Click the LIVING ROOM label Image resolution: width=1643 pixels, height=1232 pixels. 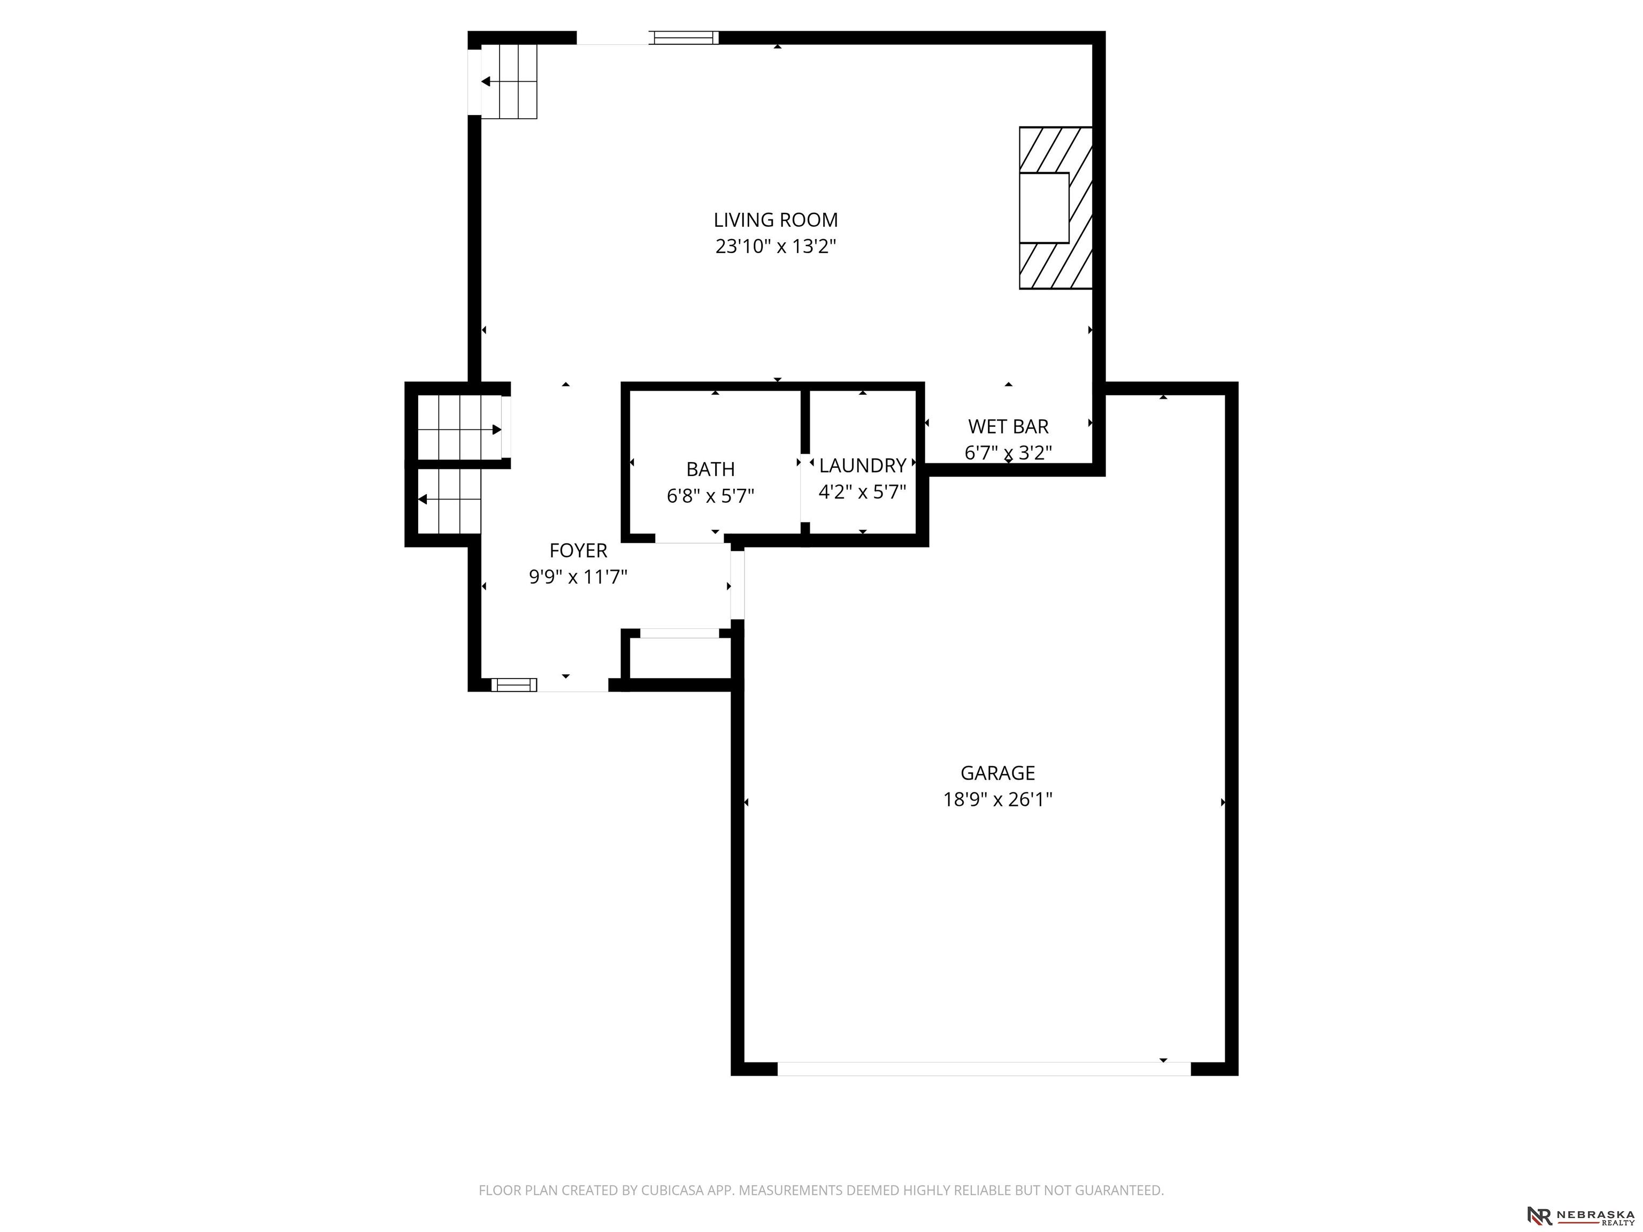(776, 220)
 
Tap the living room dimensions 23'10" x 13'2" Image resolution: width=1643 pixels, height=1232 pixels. (776, 246)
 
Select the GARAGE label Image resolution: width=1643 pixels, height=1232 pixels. (997, 773)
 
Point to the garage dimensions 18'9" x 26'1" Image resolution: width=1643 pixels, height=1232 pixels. (997, 799)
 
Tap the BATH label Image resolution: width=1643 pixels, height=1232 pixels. (710, 469)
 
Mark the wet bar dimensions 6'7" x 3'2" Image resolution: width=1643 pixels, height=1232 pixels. (1008, 452)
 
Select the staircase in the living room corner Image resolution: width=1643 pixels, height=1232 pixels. (509, 82)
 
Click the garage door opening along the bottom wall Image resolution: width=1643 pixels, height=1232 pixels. (984, 1068)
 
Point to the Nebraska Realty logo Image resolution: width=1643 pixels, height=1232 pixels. (1580, 1215)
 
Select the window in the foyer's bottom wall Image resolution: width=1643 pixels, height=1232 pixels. (513, 684)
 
